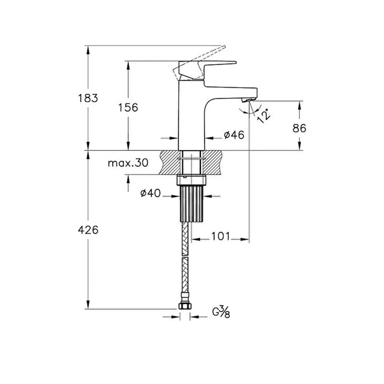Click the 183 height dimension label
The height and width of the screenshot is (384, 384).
pos(88,98)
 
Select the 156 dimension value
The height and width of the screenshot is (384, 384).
pos(128,108)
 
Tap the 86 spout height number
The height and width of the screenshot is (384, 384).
pos(299,128)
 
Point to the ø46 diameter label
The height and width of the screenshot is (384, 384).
pos(234,135)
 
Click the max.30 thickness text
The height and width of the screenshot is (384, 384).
pos(127,163)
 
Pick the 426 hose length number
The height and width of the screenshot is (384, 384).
pos(88,230)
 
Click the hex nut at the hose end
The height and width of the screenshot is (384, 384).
pos(185,306)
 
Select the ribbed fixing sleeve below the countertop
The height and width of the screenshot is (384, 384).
pos(191,204)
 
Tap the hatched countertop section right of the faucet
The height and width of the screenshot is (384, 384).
pos(213,162)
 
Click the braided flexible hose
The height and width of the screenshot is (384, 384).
pos(185,261)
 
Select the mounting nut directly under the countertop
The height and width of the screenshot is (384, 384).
pos(191,179)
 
